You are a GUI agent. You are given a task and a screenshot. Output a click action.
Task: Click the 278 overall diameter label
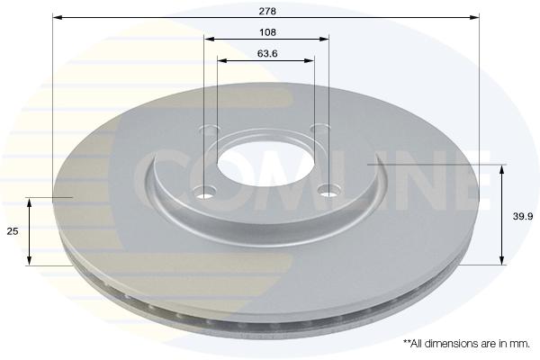coord(267,12)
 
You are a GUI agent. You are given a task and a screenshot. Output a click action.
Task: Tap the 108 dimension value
coord(267,32)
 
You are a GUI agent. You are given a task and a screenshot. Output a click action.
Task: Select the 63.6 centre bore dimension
coord(267,54)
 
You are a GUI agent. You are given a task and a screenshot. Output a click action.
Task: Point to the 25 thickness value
coord(13,231)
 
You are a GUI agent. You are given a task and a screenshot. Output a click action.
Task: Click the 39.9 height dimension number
coord(523,217)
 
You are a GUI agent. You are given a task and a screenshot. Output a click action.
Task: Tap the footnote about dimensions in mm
coord(466,344)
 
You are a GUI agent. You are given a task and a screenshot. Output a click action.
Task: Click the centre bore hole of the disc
coord(265,161)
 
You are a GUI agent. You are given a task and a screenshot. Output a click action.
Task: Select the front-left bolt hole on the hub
coord(205,193)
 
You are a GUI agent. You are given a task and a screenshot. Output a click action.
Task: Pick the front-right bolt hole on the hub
coord(328,190)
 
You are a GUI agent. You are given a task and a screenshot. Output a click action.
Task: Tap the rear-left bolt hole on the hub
coord(211,130)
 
